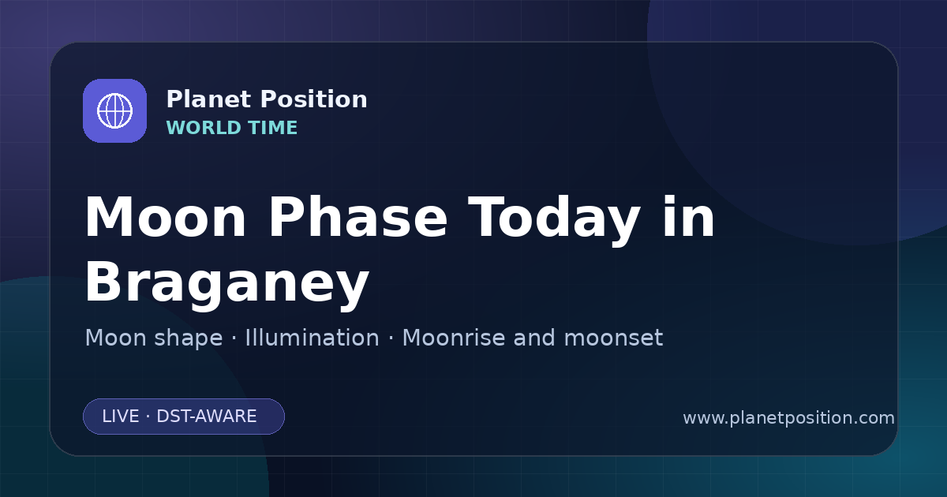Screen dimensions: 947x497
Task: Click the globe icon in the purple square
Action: (114, 110)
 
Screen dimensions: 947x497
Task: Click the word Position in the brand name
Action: (314, 99)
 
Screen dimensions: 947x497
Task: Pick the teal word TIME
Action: (273, 128)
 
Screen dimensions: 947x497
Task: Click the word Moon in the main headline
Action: (166, 217)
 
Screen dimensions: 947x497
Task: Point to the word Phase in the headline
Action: (357, 216)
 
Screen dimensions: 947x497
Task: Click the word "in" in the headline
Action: (689, 216)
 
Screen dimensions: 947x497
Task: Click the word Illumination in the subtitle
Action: (312, 338)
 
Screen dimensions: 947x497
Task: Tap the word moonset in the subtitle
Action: (613, 338)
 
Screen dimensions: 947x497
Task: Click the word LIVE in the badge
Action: (121, 417)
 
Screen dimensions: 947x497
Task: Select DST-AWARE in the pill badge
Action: (206, 417)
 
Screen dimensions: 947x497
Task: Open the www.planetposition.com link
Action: (788, 418)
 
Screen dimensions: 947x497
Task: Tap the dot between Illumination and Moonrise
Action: (391, 338)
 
